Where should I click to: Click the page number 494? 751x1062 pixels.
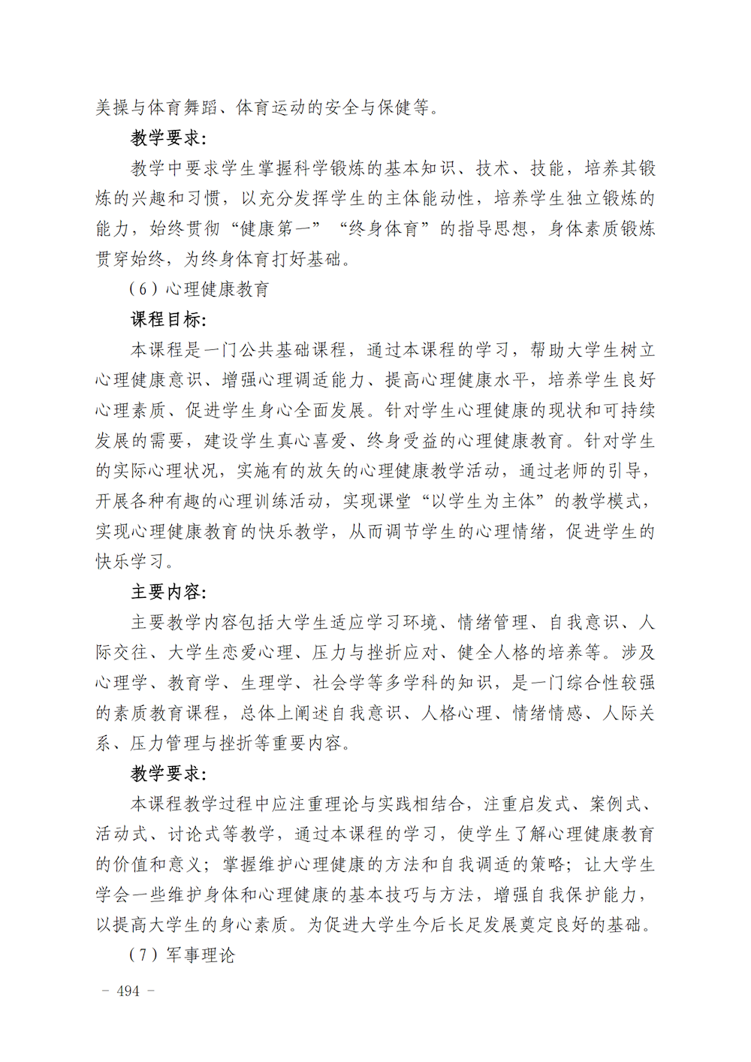(x=128, y=991)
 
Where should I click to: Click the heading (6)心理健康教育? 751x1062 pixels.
(x=199, y=289)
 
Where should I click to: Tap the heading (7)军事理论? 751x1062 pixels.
(x=182, y=955)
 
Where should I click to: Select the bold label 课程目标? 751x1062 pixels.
(x=167, y=319)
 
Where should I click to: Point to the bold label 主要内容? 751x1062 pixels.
(x=167, y=592)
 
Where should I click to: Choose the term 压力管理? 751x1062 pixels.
(x=166, y=744)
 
